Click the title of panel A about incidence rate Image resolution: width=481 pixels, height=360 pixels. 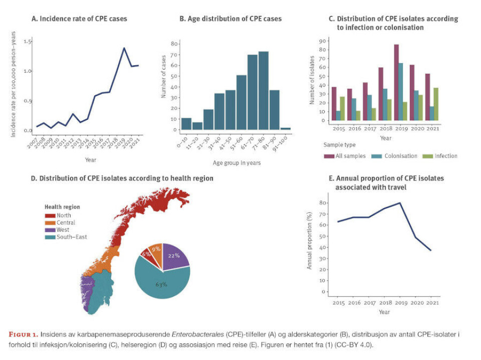[79, 19]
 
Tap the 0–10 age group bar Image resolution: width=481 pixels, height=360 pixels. [186, 123]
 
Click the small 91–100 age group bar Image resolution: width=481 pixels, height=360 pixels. [285, 128]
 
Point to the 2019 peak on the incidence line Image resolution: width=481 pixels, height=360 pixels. [124, 48]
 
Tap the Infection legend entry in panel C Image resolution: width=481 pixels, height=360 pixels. [442, 156]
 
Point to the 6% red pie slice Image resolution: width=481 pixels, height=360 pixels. [146, 254]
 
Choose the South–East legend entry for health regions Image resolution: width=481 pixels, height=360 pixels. [67, 237]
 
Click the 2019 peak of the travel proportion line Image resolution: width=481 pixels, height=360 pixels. [399, 203]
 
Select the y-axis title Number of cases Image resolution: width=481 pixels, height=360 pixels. [163, 85]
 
